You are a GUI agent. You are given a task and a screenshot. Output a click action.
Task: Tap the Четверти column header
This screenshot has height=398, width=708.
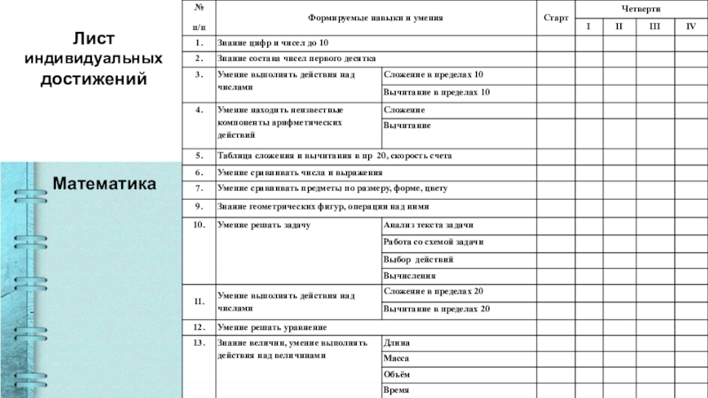pos(639,8)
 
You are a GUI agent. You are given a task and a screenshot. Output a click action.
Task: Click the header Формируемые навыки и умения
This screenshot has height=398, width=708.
pos(375,18)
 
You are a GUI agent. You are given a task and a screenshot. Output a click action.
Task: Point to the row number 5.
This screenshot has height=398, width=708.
pos(199,154)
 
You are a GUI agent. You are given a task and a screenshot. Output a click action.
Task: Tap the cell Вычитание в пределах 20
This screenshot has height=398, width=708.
pos(436,309)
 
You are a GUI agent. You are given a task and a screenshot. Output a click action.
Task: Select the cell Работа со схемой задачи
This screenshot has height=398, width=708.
pos(433,241)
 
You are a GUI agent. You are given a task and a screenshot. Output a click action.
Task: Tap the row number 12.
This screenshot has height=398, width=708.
pos(199,326)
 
